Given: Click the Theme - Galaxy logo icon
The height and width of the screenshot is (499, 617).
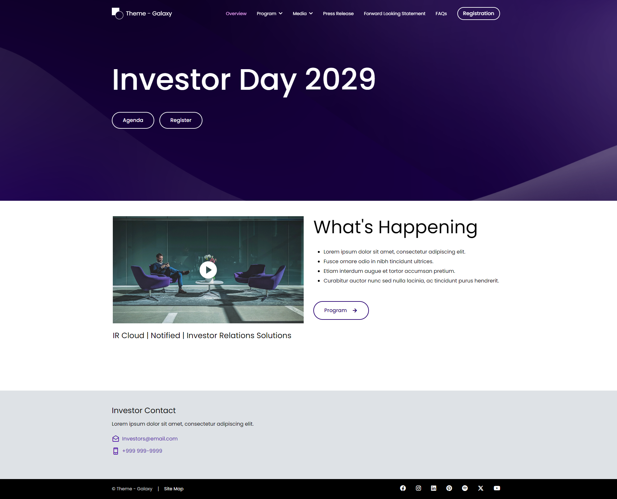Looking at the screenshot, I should (117, 14).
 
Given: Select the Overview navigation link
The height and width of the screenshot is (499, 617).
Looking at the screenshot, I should (236, 14).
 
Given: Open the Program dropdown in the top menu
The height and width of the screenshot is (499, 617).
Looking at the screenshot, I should (269, 14).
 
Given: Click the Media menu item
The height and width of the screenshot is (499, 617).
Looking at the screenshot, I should (302, 14).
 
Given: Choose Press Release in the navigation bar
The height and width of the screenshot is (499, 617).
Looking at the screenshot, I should (338, 14).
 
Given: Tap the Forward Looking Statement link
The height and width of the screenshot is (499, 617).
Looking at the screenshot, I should (394, 14).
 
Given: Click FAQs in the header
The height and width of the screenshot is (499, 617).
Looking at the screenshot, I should (441, 14).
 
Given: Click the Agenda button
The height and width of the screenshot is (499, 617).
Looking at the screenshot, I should (133, 120).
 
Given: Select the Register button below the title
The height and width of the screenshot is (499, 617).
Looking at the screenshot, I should (181, 120).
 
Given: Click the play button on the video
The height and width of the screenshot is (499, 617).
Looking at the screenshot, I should (208, 270).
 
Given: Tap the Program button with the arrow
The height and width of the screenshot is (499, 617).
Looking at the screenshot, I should (341, 310).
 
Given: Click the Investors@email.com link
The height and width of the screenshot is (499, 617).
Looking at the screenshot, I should (149, 439).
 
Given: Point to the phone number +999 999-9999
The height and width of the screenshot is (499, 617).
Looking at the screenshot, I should (142, 451).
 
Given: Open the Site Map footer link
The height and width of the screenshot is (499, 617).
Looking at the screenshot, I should (174, 489).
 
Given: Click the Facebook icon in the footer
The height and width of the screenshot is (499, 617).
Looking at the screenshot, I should (403, 488).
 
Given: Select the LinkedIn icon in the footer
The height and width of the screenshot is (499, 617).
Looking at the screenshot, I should (434, 488).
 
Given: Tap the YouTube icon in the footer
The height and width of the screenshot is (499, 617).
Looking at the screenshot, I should (497, 488).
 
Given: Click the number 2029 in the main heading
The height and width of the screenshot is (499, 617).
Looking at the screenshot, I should (340, 79).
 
